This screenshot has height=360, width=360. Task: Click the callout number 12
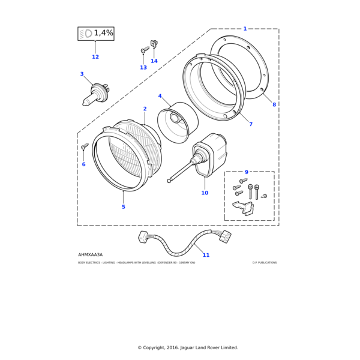point(95,57)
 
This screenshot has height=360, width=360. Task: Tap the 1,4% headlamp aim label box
point(96,34)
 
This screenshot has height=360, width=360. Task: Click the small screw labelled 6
point(85,146)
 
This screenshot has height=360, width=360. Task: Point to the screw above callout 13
point(145,50)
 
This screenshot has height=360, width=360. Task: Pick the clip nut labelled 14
point(154,44)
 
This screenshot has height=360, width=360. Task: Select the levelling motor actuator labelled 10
point(210,157)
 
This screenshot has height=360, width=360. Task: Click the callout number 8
point(274,104)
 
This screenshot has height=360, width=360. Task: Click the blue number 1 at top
point(245,28)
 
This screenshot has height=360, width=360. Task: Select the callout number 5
point(123,207)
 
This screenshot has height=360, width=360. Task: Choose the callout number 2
point(145,109)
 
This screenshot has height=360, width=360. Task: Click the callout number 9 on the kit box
point(246,172)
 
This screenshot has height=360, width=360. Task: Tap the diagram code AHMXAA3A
point(91,254)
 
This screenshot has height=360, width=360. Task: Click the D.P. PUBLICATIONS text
point(265,263)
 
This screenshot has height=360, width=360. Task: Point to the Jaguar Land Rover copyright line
point(188,347)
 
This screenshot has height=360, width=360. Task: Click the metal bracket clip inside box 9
point(243,208)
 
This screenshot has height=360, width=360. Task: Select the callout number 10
point(205,193)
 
